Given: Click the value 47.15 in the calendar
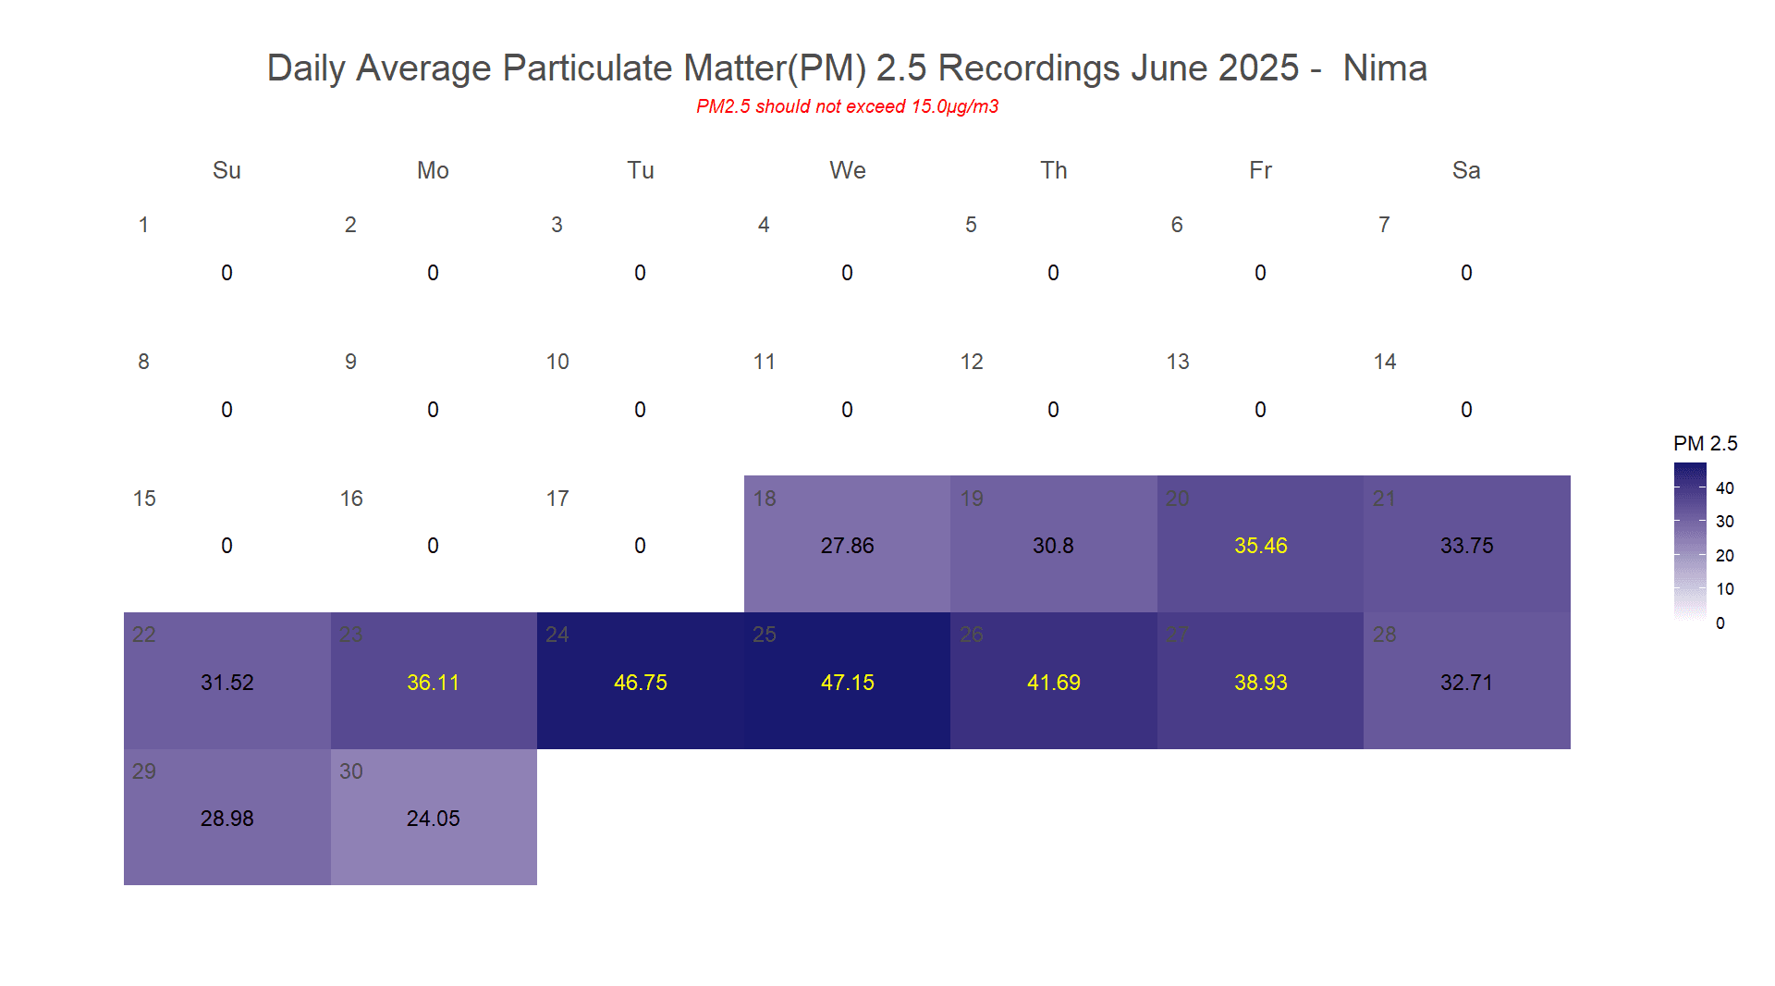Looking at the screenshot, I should coord(847,683).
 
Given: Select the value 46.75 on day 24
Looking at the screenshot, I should coord(640,683).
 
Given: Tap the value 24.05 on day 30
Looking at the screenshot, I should coord(433,819).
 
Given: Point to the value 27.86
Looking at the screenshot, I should coord(847,546).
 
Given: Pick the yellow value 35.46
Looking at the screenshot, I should coord(1260,546).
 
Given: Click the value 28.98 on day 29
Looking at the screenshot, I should coord(226,819).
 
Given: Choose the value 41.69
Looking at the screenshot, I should coord(1053,683).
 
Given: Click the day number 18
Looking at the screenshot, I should coord(765,499).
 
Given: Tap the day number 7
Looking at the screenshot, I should coord(1384,225).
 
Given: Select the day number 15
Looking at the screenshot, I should coord(144,499).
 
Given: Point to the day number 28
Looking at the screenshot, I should coord(1384,635).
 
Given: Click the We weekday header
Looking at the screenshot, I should coord(847,170).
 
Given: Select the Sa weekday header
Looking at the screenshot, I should coord(1466,170).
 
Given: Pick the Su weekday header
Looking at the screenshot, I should coord(226,170).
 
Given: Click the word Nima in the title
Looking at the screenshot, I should coord(1384,68).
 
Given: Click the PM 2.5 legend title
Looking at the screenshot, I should coord(1705,444).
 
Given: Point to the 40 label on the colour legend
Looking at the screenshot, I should coord(1724,488).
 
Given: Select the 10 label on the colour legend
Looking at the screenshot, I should coord(1724,589).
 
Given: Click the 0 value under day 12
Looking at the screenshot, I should coord(1053,410).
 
